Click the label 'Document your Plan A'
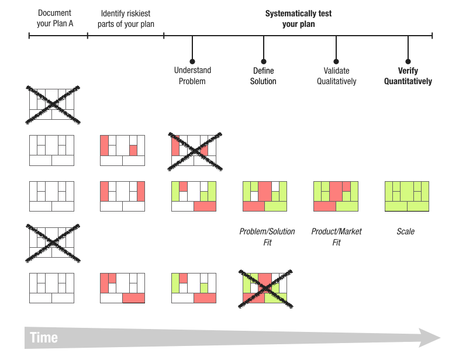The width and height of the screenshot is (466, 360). point(54,18)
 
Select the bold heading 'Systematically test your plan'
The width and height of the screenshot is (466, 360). point(298,19)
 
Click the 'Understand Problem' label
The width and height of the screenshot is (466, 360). point(192,75)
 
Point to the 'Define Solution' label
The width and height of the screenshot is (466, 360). point(263,75)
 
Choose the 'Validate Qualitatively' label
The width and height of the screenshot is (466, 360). point(336,75)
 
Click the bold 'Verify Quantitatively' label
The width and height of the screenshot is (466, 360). point(408,75)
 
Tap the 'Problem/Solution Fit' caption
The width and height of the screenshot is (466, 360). point(267,237)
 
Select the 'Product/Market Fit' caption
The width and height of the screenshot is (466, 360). point(336,237)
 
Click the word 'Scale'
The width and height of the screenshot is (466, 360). point(405,231)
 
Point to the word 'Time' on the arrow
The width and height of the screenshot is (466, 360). point(44,338)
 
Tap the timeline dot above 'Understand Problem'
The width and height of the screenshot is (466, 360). point(192,61)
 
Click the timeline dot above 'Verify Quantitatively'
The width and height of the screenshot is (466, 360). point(408,61)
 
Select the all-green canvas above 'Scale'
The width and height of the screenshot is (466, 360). point(407,196)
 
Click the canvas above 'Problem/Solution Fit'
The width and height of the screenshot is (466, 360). point(265,196)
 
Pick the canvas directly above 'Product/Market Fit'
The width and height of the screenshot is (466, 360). point(336,196)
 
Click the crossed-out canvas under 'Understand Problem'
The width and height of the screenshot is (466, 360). point(194,150)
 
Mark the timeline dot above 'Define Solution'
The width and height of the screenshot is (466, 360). point(264,61)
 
